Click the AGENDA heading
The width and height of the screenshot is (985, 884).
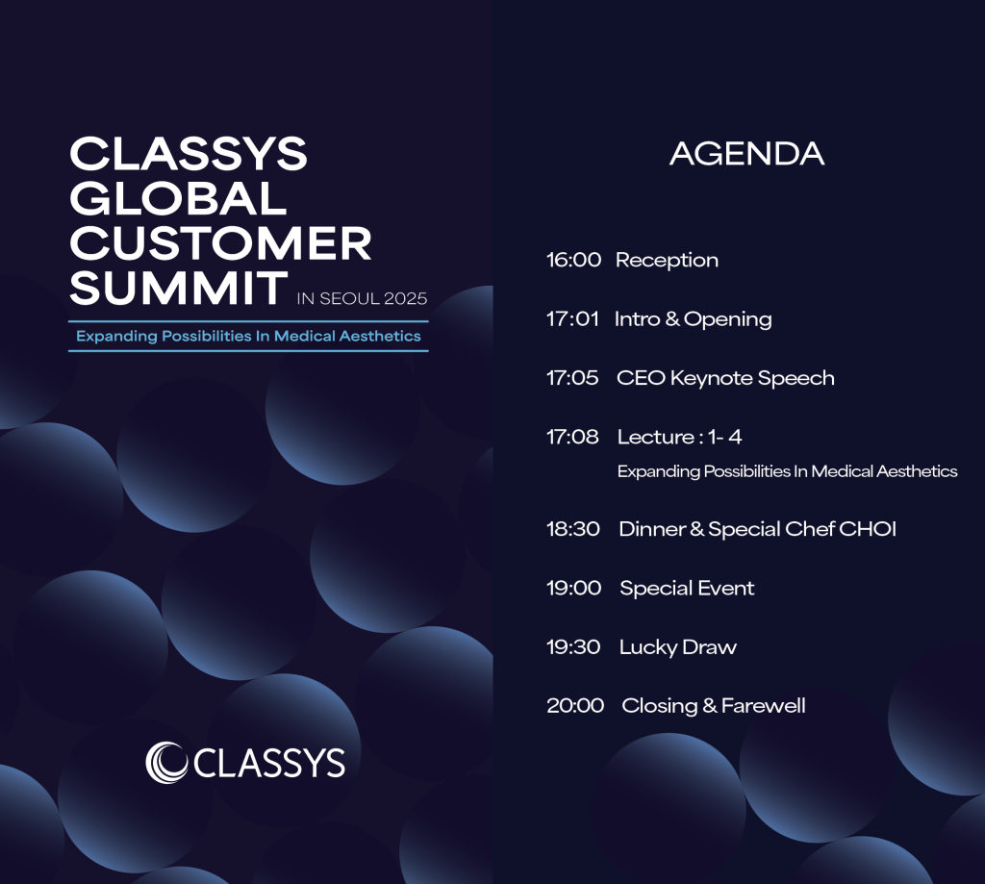tap(746, 154)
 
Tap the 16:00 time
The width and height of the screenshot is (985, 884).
tap(573, 260)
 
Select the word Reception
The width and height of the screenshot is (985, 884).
tap(667, 260)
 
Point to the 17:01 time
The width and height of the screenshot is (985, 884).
tap(572, 318)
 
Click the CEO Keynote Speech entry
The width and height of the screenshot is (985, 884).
tap(725, 378)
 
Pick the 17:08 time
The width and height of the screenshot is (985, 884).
tap(572, 437)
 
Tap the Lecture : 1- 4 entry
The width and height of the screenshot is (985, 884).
tap(680, 437)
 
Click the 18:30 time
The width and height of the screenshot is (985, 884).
tap(573, 529)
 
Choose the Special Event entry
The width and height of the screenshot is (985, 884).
tap(687, 589)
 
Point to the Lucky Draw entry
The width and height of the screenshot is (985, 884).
tap(678, 647)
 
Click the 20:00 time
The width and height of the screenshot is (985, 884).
tap(575, 706)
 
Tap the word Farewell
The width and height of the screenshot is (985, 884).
tap(763, 706)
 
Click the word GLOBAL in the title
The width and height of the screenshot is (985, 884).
tap(178, 198)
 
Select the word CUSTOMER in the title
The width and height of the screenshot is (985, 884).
tap(220, 243)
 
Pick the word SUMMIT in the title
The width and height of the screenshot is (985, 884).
tap(178, 289)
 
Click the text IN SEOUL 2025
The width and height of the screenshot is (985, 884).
tap(362, 298)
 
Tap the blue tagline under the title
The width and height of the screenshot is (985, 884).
tap(248, 336)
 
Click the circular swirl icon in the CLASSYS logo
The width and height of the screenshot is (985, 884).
tap(166, 763)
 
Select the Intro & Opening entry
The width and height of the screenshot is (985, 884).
tap(694, 319)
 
